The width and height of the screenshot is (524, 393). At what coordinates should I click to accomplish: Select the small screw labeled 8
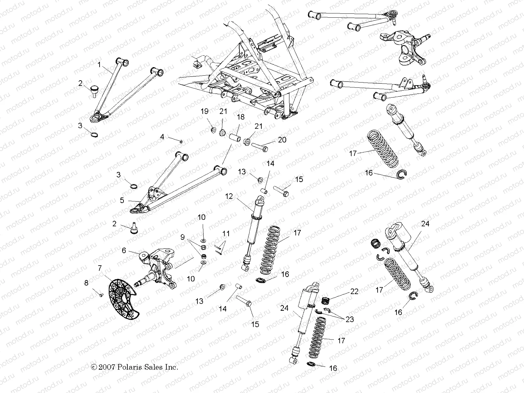pyautogui.click(x=101, y=295)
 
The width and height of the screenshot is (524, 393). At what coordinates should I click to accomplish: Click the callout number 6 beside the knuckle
pyautogui.click(x=124, y=250)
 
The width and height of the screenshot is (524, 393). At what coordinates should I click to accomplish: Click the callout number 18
pyautogui.click(x=241, y=118)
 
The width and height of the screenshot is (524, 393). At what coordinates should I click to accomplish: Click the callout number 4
pyautogui.click(x=162, y=137)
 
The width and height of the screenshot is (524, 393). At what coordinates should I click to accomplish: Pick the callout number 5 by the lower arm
pyautogui.click(x=122, y=200)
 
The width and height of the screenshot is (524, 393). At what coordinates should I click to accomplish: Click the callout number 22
pyautogui.click(x=354, y=291)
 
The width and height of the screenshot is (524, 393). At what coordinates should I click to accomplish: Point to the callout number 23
pyautogui.click(x=350, y=319)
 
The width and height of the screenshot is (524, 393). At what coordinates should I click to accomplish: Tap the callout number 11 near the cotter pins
pyautogui.click(x=226, y=234)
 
